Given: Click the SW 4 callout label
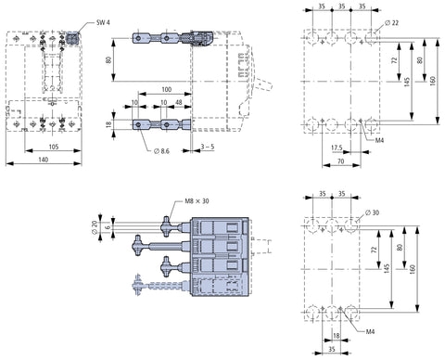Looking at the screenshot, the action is [103, 22].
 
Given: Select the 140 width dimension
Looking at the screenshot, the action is [44, 160].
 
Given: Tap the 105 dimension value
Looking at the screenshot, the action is [54, 147].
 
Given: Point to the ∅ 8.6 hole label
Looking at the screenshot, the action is [161, 151].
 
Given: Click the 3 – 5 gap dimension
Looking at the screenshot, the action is [208, 147].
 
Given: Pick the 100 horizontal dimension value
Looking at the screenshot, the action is [166, 89].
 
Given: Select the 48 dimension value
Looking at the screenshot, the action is [179, 102].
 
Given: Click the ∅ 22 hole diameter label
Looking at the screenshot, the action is [392, 22].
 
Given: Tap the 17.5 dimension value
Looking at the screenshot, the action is [337, 148].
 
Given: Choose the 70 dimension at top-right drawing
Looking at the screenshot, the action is [340, 161].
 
